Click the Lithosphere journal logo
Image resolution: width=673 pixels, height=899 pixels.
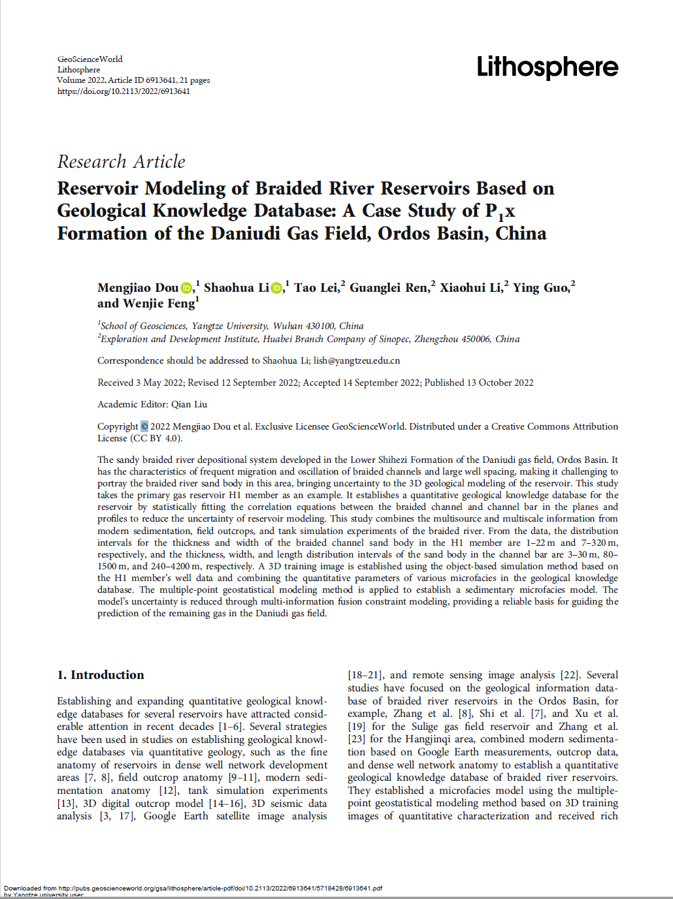[x=547, y=67]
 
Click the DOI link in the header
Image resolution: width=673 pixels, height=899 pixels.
[x=123, y=91]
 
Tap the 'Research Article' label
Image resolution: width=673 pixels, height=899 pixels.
[x=121, y=161]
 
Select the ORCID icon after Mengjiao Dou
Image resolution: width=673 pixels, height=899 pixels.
[x=187, y=288]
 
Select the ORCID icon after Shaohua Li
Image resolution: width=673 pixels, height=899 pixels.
[x=277, y=288]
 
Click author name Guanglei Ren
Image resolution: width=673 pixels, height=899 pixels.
[x=389, y=288]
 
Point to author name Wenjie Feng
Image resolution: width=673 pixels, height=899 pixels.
[x=159, y=304]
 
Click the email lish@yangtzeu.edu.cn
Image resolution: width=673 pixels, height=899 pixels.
[x=357, y=360]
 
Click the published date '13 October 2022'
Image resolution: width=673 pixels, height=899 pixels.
[x=500, y=383]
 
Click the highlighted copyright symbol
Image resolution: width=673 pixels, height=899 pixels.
[x=144, y=426]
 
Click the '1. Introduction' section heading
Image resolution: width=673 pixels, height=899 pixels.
[x=101, y=674]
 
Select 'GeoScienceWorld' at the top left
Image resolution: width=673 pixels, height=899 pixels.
[x=90, y=59]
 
